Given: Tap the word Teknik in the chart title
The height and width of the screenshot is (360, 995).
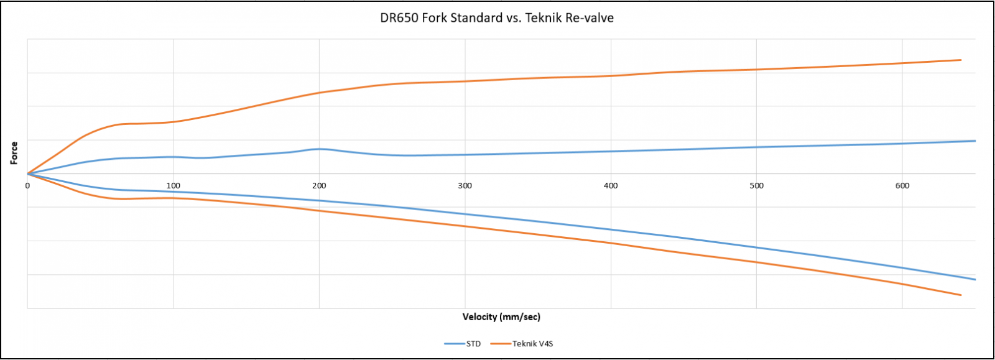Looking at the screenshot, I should click(x=543, y=18).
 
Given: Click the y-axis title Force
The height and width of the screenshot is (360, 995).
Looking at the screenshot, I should click(x=14, y=153).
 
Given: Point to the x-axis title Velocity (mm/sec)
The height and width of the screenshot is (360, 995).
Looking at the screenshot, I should click(x=501, y=317).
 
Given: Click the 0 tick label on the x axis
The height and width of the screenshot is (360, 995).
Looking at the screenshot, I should click(x=27, y=185).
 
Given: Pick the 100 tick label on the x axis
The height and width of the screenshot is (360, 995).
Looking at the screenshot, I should click(x=174, y=185).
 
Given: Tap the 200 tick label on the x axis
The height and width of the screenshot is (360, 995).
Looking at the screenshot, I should click(x=319, y=185).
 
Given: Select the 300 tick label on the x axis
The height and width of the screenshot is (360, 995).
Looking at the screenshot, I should click(x=465, y=185).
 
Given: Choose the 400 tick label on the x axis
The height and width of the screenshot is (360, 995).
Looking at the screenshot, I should click(x=611, y=185).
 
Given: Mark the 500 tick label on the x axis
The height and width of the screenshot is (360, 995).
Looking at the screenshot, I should click(x=757, y=185).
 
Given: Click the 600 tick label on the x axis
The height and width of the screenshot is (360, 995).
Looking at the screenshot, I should click(x=902, y=185).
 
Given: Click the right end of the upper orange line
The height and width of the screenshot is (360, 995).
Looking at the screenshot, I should click(x=961, y=60).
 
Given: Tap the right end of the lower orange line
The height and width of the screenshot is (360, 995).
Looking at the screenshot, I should click(x=961, y=295).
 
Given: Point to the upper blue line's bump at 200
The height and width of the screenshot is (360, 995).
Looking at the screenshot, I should click(x=319, y=149).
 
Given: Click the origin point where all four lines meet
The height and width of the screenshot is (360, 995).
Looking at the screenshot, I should click(x=27, y=174).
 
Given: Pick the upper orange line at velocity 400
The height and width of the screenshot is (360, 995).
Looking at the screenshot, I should click(x=611, y=76).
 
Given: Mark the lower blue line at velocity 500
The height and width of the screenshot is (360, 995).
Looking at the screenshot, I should click(x=757, y=247).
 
